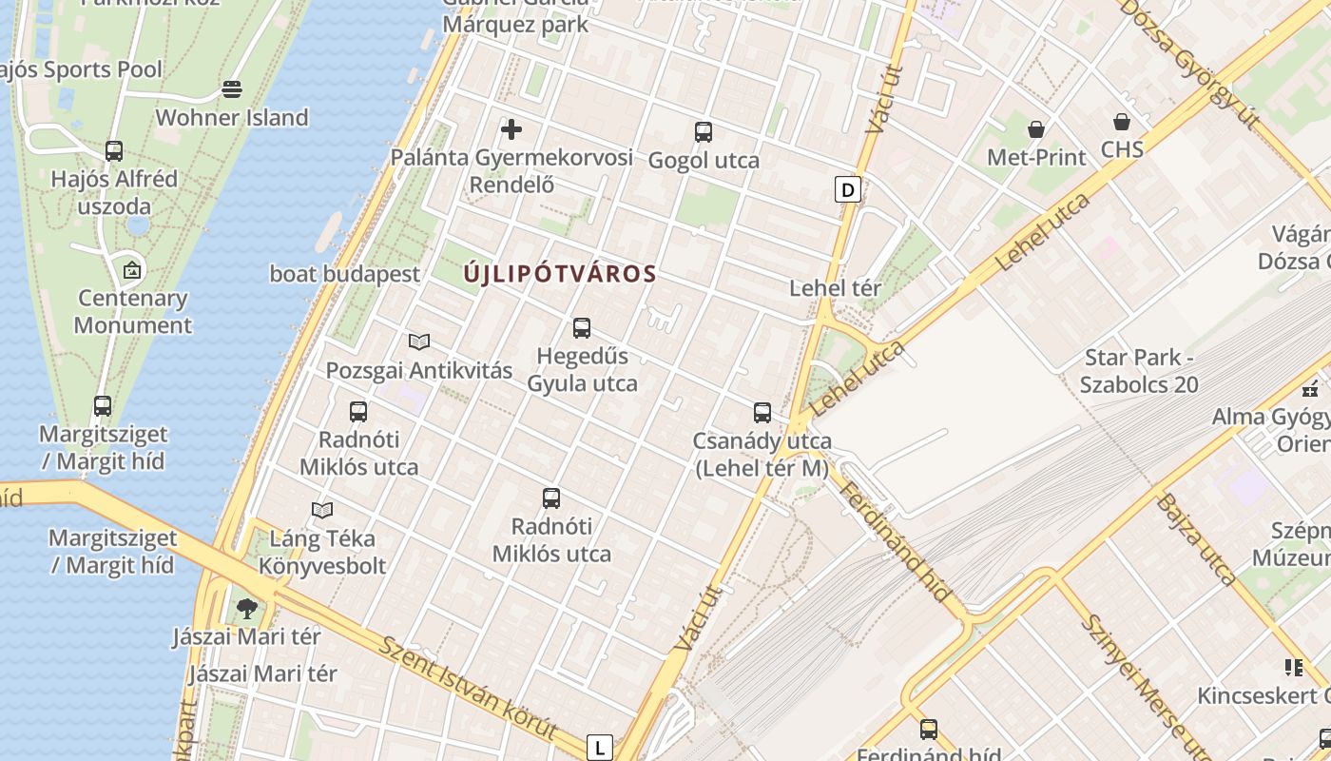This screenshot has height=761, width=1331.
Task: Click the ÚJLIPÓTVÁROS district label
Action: [x=560, y=274]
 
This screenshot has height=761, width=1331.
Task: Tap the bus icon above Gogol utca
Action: [x=704, y=132]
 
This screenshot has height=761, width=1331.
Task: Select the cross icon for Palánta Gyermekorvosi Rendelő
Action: [x=511, y=128]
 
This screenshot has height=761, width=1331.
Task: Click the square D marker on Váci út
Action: [x=847, y=189]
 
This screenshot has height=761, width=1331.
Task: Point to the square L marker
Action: [x=599, y=748]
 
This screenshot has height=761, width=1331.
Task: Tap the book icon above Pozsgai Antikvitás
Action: [x=419, y=341]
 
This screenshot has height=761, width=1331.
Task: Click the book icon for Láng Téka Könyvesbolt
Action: [x=322, y=510]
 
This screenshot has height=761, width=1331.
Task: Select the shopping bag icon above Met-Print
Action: [x=1036, y=128]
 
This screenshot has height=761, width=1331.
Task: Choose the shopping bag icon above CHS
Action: [x=1122, y=122]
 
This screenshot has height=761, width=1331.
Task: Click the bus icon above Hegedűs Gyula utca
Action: [x=582, y=328]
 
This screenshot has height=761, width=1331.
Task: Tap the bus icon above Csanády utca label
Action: [x=762, y=413]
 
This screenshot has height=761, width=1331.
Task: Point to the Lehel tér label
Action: [x=836, y=287]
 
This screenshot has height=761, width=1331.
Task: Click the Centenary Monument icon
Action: [x=132, y=270]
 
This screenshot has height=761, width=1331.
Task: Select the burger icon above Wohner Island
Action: [x=232, y=89]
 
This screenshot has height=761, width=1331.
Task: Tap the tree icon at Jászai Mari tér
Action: [x=247, y=608]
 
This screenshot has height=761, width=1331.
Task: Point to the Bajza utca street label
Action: [x=1196, y=538]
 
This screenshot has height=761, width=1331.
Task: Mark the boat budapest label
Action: [x=345, y=274]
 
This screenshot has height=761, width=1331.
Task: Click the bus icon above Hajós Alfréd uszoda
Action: [x=114, y=150]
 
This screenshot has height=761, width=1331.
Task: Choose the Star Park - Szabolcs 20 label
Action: [x=1139, y=371]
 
